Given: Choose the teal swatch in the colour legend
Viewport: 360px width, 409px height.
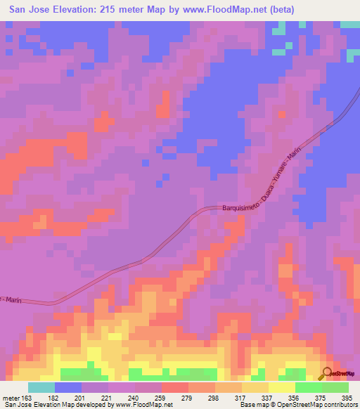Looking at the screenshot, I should tap(41, 387).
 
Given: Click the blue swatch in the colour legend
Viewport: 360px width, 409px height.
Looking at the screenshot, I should tap(68, 387).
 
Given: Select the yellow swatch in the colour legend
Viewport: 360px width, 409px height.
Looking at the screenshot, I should tap(281, 387).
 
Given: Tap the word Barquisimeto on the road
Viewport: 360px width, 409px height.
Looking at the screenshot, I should tap(231, 209).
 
